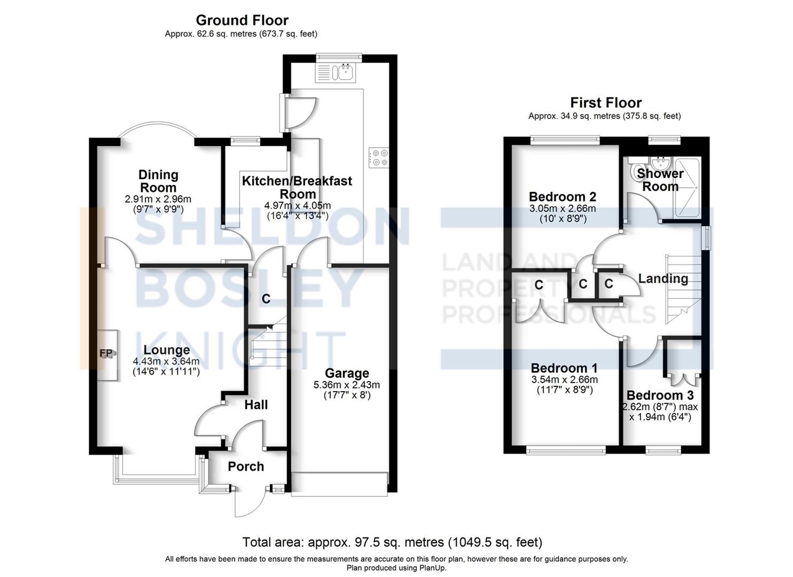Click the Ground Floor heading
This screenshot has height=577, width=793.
(x=242, y=20)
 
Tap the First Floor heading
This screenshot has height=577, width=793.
(x=605, y=103)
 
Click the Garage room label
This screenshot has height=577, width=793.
(x=347, y=373)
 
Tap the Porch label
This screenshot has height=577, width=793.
(x=246, y=466)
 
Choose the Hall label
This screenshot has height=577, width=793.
(x=256, y=404)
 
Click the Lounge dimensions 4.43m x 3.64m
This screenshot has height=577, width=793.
(x=166, y=362)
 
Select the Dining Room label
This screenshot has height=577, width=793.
(x=158, y=181)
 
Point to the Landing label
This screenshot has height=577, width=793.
(x=663, y=278)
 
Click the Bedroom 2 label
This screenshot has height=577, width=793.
(x=562, y=197)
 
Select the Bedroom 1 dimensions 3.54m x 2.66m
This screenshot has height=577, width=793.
(x=565, y=380)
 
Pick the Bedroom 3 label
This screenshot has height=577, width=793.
(x=660, y=395)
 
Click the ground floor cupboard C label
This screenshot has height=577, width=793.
(x=266, y=299)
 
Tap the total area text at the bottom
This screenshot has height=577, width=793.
(x=392, y=542)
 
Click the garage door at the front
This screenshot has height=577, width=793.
(x=339, y=483)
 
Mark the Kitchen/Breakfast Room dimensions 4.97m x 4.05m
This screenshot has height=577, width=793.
(x=297, y=206)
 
